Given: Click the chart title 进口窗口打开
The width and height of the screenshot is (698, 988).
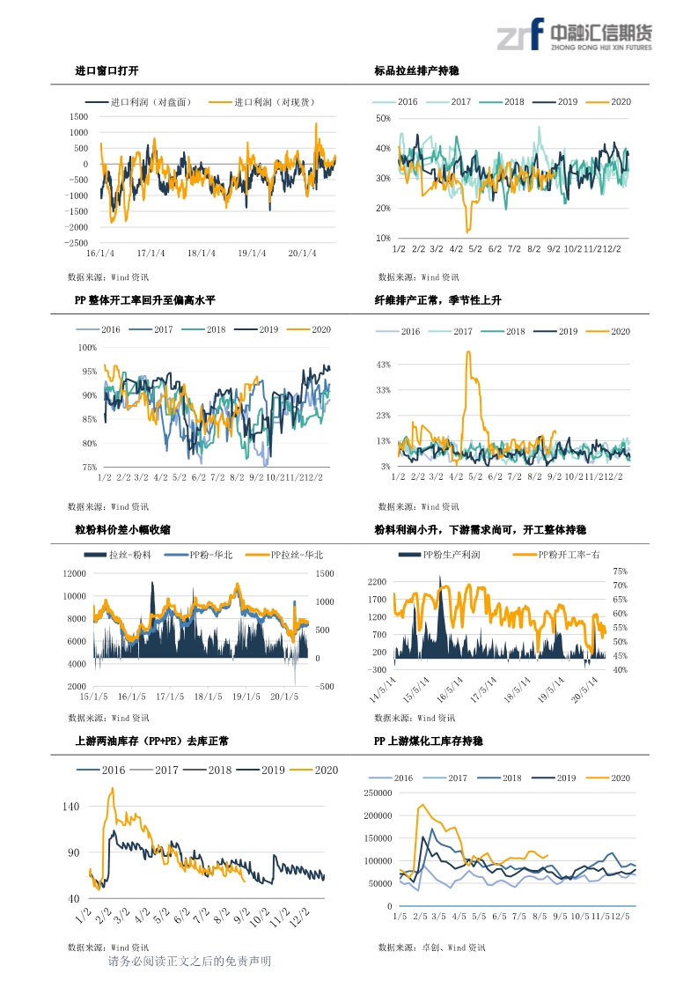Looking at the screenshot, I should click(x=107, y=70).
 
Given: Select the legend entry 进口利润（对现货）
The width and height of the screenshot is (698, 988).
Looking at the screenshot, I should click(x=273, y=102).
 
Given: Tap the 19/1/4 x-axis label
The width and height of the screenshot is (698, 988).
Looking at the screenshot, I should click(x=252, y=254).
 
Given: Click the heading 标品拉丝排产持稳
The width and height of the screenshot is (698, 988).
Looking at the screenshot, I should click(x=416, y=70).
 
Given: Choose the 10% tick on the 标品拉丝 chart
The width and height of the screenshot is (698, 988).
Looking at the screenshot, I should click(x=383, y=239).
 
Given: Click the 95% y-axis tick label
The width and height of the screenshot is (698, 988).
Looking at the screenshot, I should click(x=88, y=372).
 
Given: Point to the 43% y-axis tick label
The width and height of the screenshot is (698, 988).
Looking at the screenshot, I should click(x=383, y=365).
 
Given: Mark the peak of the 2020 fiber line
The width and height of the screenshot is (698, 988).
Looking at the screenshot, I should click(x=468, y=352).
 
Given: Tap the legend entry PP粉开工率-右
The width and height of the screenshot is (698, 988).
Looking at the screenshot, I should click(x=555, y=555).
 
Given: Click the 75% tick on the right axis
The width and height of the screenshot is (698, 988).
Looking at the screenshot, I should click(x=620, y=571).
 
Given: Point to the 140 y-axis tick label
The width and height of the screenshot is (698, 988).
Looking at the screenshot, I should click(x=70, y=807).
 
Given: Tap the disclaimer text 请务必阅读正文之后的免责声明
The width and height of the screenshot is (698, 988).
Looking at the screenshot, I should click(x=189, y=962).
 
